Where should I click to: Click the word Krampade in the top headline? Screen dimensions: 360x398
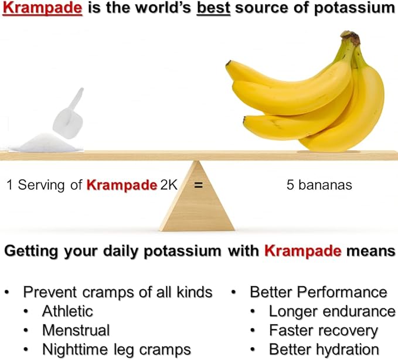click(x=43, y=9)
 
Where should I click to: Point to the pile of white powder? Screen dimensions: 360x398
click(x=44, y=143)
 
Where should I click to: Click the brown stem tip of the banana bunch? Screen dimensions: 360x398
click(x=352, y=38)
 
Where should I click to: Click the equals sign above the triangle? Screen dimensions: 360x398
click(x=198, y=185)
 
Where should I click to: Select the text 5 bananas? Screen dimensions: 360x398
click(x=319, y=185)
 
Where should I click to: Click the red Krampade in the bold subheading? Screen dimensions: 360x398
click(x=302, y=252)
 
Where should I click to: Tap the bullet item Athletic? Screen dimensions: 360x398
click(x=67, y=311)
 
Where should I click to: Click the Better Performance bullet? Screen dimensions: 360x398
click(x=318, y=291)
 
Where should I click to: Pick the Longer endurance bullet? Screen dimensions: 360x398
click(x=332, y=311)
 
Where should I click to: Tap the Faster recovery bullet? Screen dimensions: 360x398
click(x=323, y=330)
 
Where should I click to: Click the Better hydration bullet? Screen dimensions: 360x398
click(x=323, y=349)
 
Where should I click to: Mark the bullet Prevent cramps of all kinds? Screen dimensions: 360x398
click(x=117, y=291)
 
